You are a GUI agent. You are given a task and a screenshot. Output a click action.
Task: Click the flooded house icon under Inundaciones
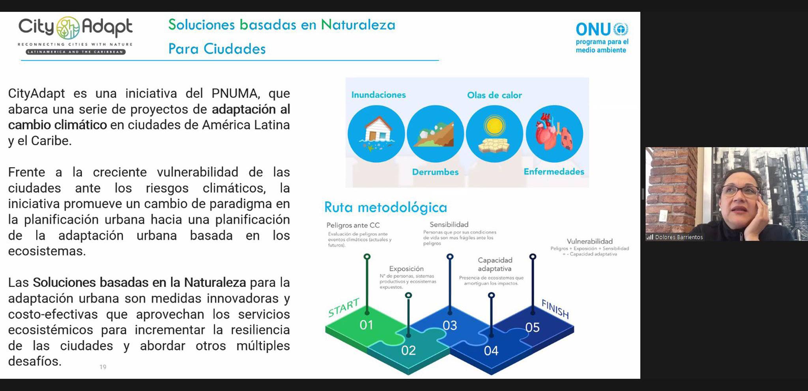point(376,134)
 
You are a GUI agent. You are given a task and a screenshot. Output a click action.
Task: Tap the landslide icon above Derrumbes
point(435,134)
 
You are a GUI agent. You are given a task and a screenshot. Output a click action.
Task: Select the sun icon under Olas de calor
point(494,134)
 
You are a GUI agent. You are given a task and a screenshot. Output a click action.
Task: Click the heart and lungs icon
point(554,134)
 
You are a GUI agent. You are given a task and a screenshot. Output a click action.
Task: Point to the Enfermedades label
point(554,172)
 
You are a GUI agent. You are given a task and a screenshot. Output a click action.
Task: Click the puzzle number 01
point(366,325)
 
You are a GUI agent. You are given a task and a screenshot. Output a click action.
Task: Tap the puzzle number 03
point(449,325)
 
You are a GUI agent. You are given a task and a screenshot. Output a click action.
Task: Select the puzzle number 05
point(532,327)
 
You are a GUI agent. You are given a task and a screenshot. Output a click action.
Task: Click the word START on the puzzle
point(344,307)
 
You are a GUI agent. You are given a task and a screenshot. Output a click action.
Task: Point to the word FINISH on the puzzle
point(555,309)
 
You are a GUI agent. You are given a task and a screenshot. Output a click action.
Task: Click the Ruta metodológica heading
point(385,208)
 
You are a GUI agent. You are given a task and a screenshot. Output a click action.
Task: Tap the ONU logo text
point(593,29)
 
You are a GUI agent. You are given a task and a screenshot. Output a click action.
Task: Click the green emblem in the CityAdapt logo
point(68,28)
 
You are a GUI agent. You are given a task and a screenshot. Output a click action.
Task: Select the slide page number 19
point(103,367)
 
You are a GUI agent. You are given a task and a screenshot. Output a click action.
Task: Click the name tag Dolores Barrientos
point(679,237)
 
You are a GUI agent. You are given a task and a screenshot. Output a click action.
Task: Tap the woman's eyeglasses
point(739,191)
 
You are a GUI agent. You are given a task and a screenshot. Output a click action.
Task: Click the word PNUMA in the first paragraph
point(235,94)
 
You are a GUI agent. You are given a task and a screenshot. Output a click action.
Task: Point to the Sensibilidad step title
point(449,224)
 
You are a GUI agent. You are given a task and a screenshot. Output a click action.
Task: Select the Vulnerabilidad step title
point(589,241)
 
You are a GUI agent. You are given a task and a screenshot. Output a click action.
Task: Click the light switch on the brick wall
point(663,216)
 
